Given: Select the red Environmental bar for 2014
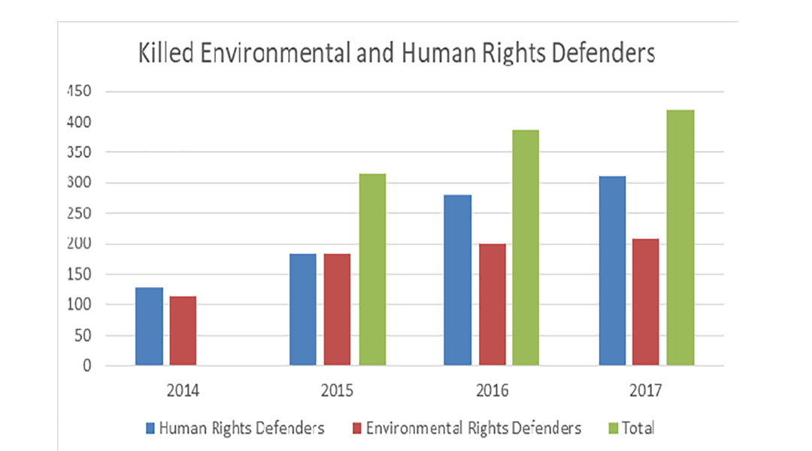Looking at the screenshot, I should coord(183,331).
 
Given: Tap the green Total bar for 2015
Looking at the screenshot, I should coord(372,270).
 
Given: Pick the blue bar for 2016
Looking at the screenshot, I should coord(458,280).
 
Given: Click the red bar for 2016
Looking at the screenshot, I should coord(492,304).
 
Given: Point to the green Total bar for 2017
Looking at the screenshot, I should coord(680,238).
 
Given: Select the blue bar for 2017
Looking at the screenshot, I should coord(612,271).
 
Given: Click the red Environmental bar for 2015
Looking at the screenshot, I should coord(338,310).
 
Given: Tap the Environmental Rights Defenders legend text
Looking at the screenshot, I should coord(473,428).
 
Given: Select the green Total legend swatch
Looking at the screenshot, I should coord(612,428).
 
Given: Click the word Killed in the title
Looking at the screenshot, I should coord(162,54).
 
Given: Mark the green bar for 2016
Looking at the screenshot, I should coord(526,248).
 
